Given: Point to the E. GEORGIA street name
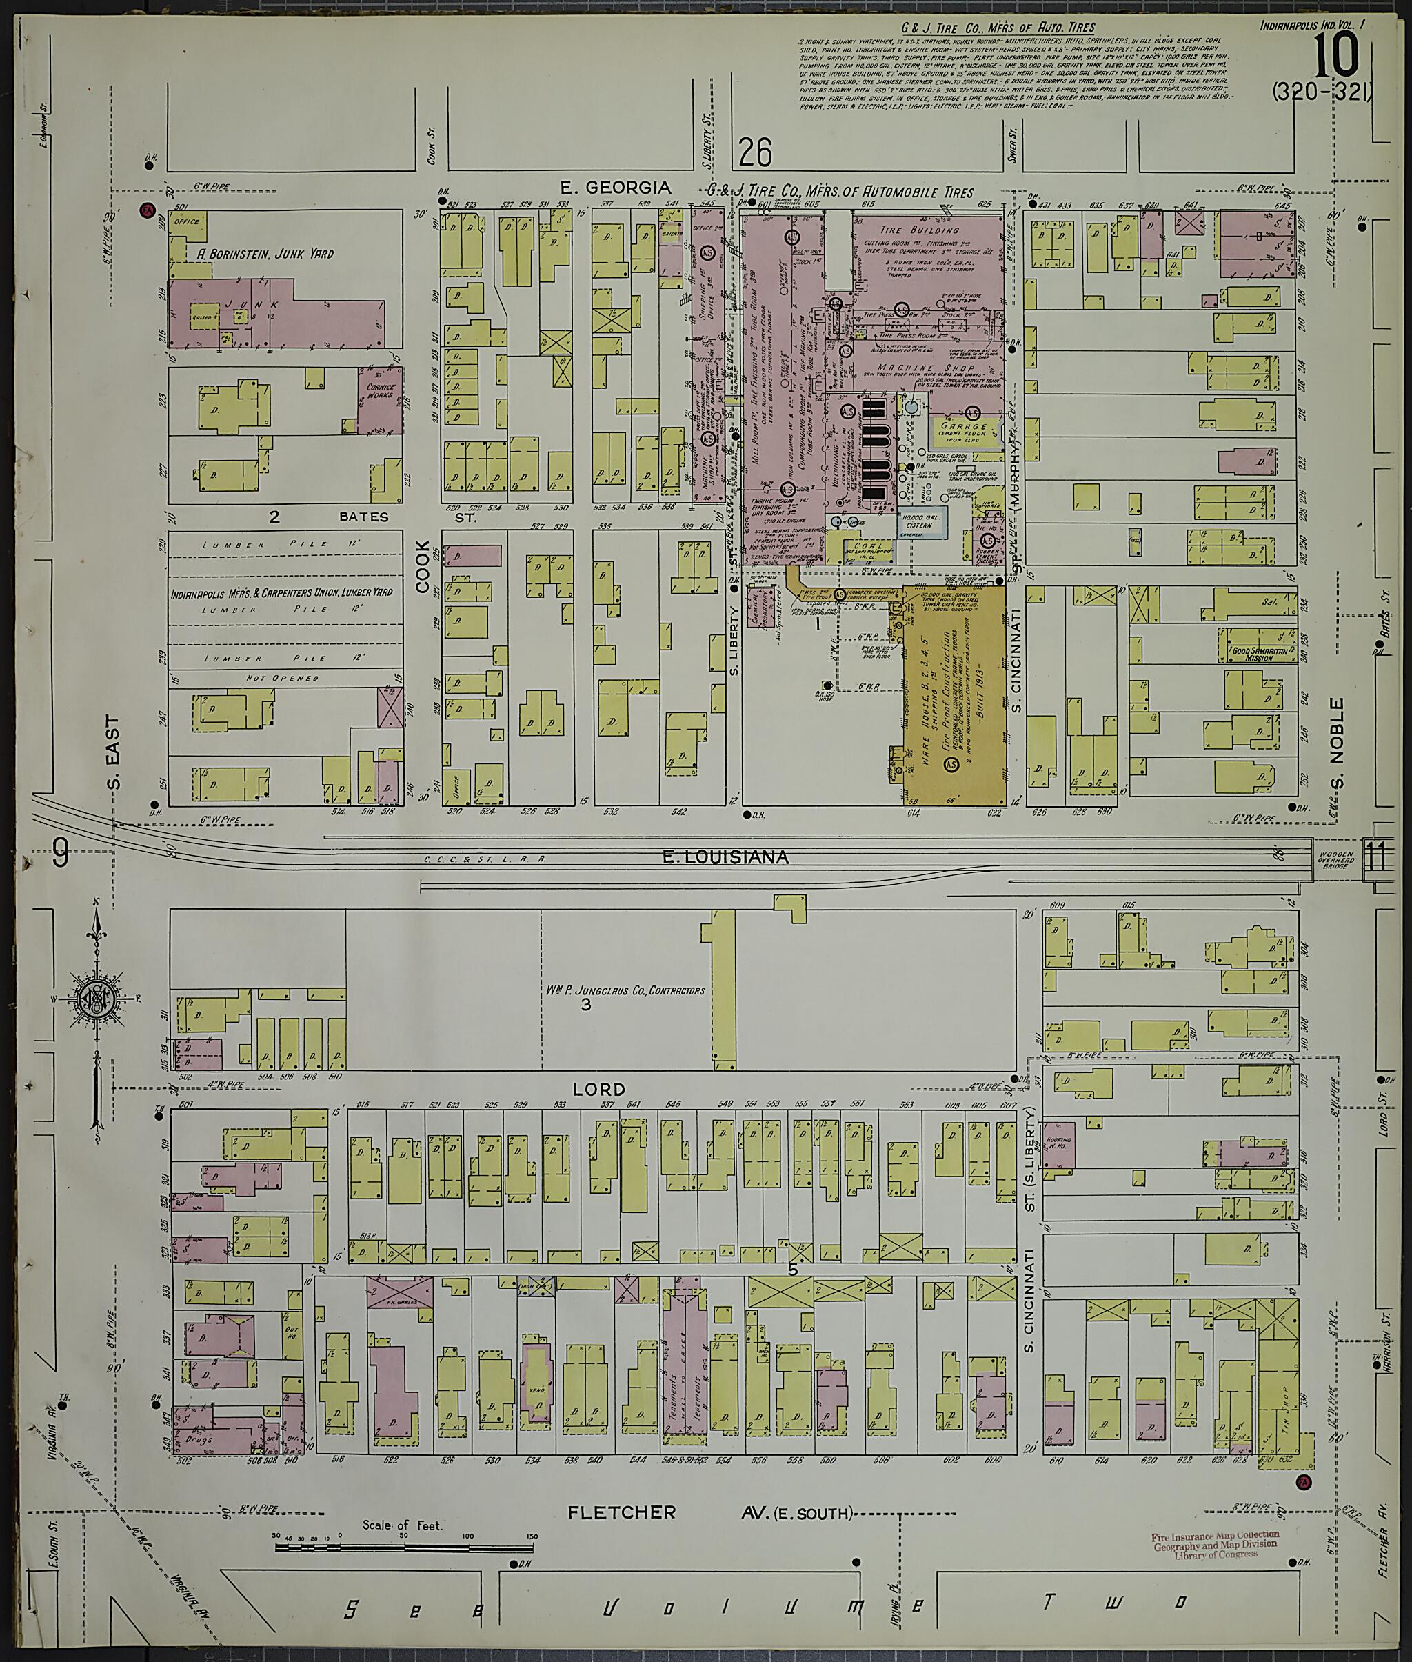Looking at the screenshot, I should (616, 188).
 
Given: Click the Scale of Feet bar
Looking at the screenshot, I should (404, 1548).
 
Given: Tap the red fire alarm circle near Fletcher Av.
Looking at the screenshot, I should (1306, 1482).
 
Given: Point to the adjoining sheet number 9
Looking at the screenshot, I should (59, 854).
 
